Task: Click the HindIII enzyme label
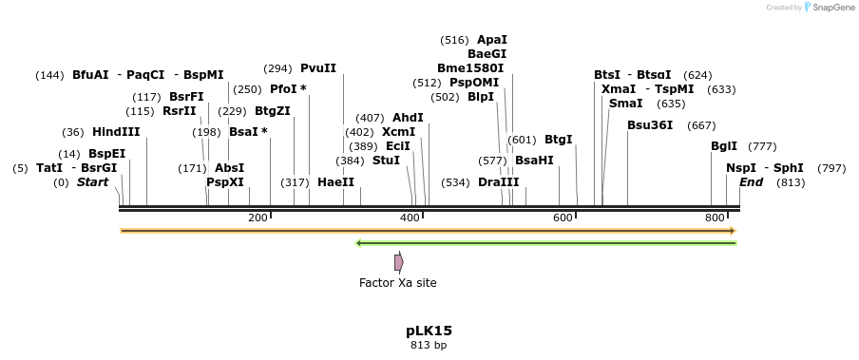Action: [x=116, y=132]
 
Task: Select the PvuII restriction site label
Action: [x=318, y=68]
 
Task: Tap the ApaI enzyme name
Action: [x=492, y=40]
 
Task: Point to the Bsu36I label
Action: [x=650, y=125]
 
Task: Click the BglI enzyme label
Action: [x=724, y=146]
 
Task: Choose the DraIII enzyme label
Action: [x=499, y=182]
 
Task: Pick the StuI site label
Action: [x=386, y=161]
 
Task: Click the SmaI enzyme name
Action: [x=625, y=104]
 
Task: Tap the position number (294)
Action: [x=277, y=69]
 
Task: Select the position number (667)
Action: [x=701, y=126]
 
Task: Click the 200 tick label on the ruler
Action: [x=258, y=218]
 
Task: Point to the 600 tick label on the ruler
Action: [x=563, y=218]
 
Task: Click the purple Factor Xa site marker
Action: [x=399, y=263]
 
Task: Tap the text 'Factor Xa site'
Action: [x=398, y=283]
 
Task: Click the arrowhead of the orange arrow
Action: [x=733, y=231]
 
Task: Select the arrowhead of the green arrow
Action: [x=359, y=243]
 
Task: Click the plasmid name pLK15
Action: [x=429, y=331]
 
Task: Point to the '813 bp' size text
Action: [x=429, y=345]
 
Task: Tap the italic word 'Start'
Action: [x=92, y=182]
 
